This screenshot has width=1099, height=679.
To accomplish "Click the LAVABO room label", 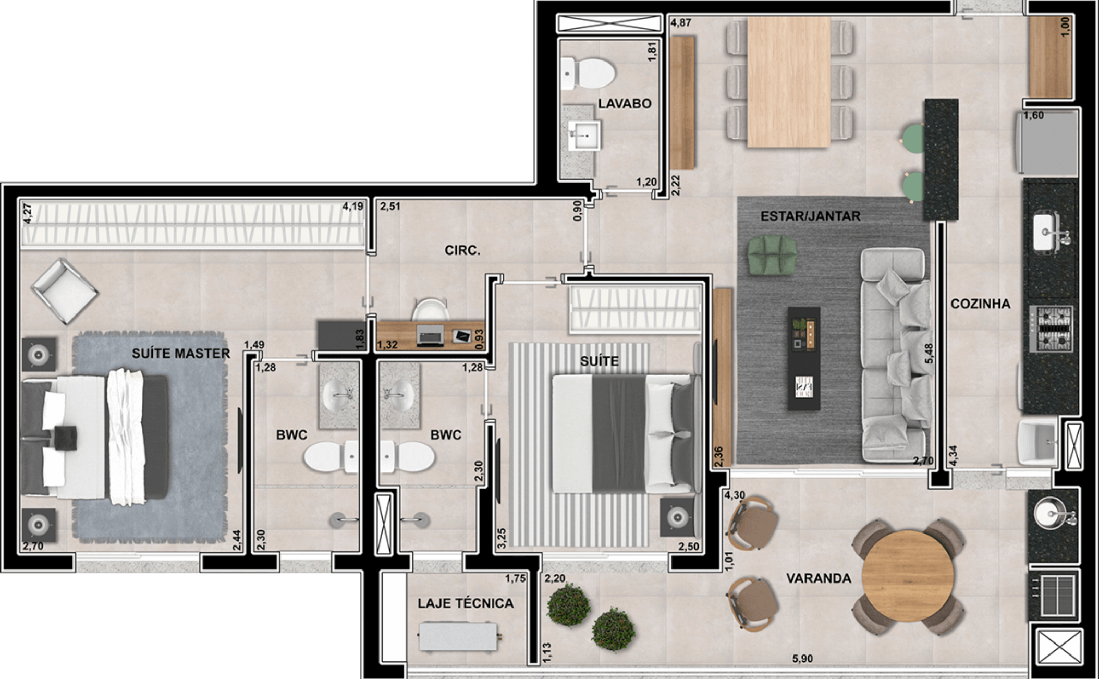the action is click(x=625, y=103).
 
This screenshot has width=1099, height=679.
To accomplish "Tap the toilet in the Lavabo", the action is click(x=588, y=73).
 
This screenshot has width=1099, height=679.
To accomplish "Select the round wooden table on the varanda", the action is click(x=908, y=576).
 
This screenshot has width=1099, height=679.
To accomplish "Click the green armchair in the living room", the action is click(x=772, y=254).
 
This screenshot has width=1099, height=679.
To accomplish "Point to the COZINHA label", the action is click(x=980, y=304).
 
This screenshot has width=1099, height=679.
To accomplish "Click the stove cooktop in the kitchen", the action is click(x=1051, y=329).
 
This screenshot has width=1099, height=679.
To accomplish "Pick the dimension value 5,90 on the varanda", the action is click(x=802, y=659).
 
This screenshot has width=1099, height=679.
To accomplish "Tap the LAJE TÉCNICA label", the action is click(x=466, y=603).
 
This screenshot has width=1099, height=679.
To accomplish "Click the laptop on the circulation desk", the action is click(x=430, y=335).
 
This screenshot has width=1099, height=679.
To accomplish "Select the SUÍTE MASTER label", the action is click(x=181, y=353).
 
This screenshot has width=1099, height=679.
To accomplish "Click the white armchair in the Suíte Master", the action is click(x=64, y=290).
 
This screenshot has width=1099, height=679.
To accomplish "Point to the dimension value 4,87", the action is click(x=681, y=22).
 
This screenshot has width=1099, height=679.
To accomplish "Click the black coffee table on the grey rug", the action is click(x=803, y=358).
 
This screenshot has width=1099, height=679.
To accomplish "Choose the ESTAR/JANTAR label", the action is click(x=810, y=216).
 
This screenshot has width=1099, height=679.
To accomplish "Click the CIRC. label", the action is click(x=462, y=250).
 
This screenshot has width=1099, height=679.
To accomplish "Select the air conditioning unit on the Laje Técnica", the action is click(x=459, y=636).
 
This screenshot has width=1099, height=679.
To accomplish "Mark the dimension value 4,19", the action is click(x=353, y=206).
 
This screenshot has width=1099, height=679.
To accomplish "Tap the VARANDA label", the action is click(x=819, y=578).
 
